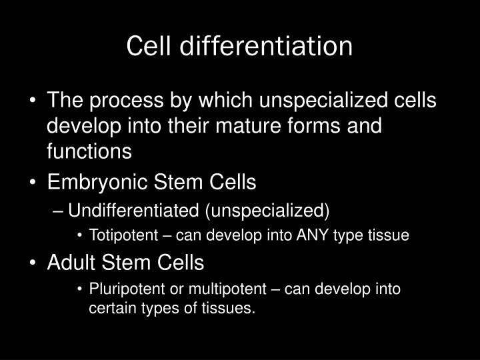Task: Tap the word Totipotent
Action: (x=119, y=237)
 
